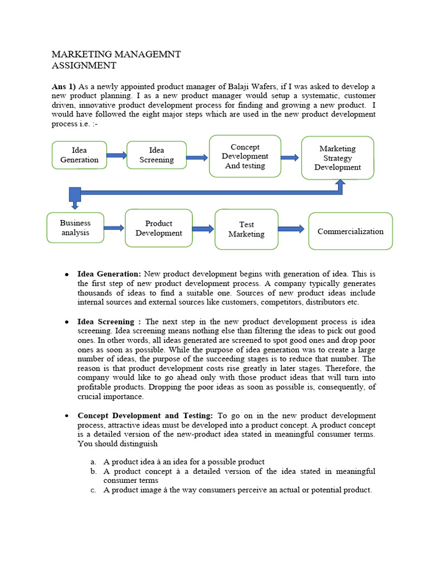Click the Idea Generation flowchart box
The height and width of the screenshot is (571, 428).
tap(79, 155)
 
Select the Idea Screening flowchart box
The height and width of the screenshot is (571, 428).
tap(156, 155)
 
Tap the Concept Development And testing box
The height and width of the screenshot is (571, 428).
tap(245, 156)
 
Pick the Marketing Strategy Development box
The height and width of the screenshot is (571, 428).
tap(337, 158)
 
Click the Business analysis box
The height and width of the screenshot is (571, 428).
tap(75, 228)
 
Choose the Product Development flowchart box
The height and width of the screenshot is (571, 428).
tap(158, 228)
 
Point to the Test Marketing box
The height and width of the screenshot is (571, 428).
tap(246, 229)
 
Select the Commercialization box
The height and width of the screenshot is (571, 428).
tap(351, 231)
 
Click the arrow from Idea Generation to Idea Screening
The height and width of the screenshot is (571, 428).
tap(116, 156)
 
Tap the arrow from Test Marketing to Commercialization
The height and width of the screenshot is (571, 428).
tap(291, 229)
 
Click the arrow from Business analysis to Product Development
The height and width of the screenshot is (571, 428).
tap(114, 228)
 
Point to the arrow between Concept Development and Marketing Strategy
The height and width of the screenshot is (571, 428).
tap(289, 158)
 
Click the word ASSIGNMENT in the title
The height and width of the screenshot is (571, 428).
tap(84, 66)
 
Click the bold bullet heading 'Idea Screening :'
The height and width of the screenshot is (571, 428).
tap(106, 322)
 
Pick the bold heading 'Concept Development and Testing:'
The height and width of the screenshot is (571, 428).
tap(145, 416)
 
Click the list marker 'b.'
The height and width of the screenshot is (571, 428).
tap(93, 472)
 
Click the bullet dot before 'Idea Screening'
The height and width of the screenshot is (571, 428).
tap(66, 322)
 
